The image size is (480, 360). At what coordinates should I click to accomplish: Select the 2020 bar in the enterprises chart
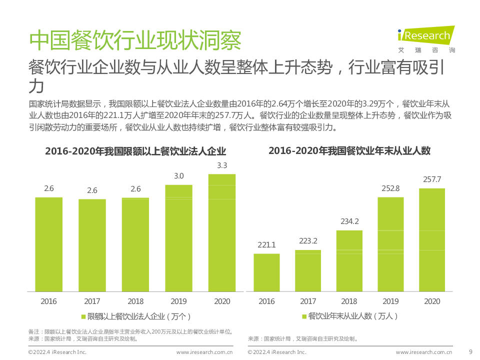pyautogui.click(x=221, y=232)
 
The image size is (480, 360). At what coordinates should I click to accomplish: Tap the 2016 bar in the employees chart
pyautogui.click(x=266, y=272)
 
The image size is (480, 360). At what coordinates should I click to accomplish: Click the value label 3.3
pyautogui.click(x=222, y=165)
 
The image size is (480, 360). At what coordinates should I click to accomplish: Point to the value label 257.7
pyautogui.click(x=432, y=179)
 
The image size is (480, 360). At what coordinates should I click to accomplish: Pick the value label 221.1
pyautogui.click(x=266, y=245)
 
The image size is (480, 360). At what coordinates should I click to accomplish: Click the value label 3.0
pyautogui.click(x=178, y=176)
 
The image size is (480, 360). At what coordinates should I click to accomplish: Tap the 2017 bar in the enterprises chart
pyautogui.click(x=92, y=245)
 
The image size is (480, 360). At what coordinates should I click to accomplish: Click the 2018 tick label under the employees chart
pyautogui.click(x=349, y=301)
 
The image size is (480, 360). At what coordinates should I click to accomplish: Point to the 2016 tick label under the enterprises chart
pyautogui.click(x=49, y=301)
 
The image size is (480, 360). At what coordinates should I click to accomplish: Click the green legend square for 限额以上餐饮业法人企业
pyautogui.click(x=83, y=316)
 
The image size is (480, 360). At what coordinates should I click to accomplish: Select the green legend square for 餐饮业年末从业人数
pyautogui.click(x=304, y=316)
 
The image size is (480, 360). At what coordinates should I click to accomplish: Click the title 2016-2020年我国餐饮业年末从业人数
pyautogui.click(x=349, y=150)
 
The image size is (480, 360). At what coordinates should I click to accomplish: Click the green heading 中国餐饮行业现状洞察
pyautogui.click(x=135, y=41)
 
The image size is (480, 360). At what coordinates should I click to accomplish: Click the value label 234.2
pyautogui.click(x=349, y=221)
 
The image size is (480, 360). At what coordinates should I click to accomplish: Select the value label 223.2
pyautogui.click(x=308, y=241)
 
